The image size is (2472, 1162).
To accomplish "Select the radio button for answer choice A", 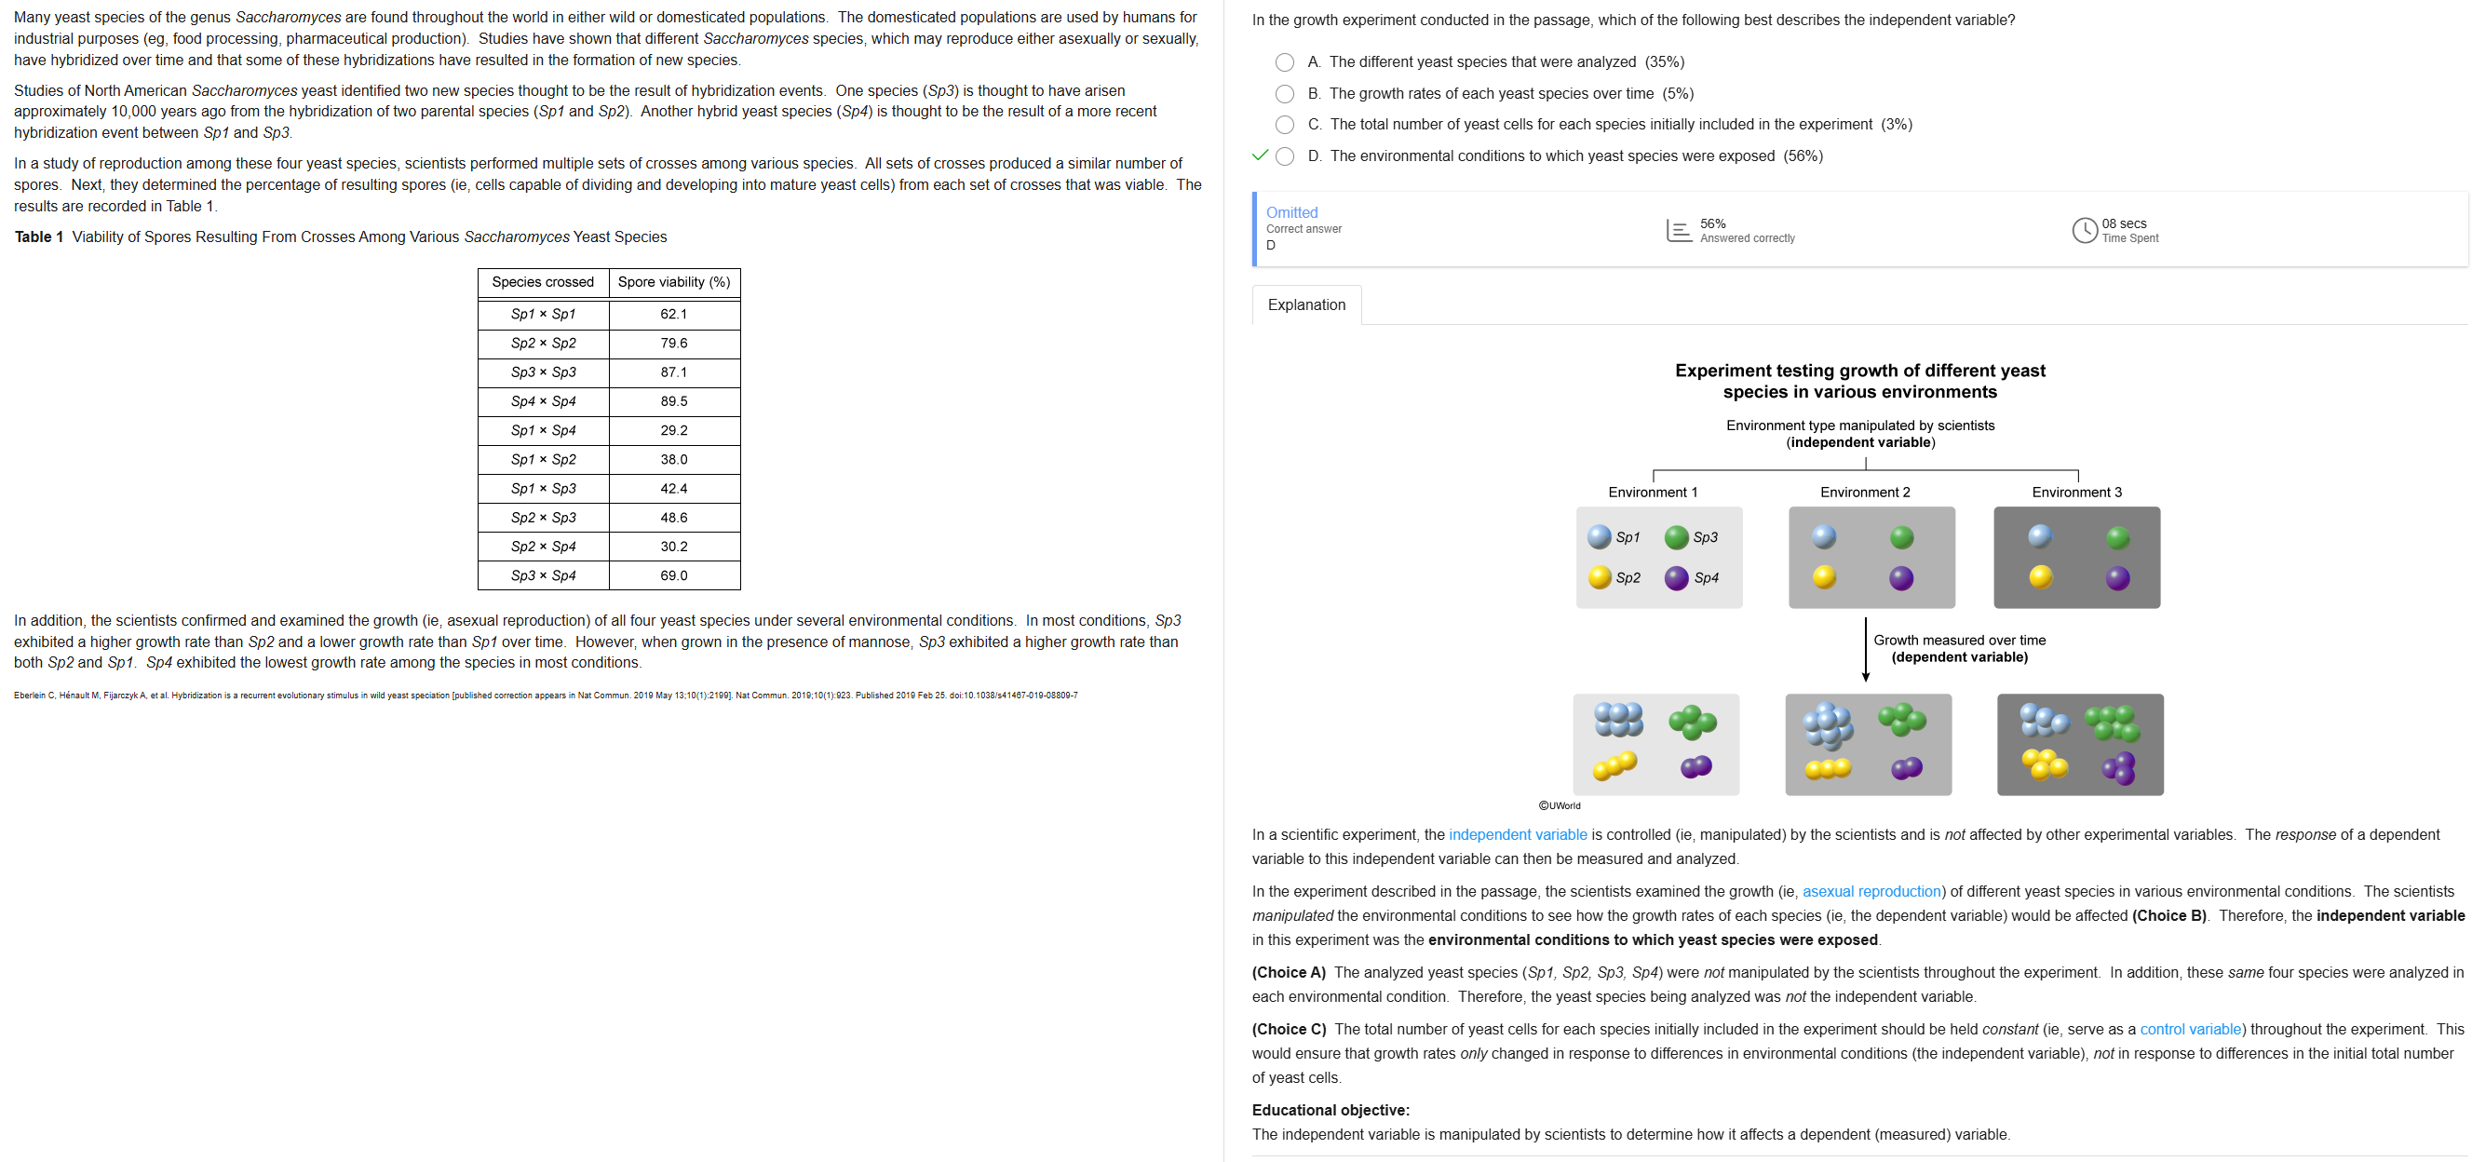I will click(1284, 62).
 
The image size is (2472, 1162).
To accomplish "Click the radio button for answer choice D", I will click(1284, 156).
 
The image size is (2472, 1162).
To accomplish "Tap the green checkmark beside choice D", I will click(1260, 155).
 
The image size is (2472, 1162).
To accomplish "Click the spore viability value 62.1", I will click(674, 314).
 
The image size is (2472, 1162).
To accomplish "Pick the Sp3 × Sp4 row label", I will click(543, 575).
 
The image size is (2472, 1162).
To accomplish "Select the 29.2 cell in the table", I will click(674, 430).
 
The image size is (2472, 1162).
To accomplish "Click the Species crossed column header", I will click(542, 282).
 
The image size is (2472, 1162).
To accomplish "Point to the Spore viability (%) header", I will click(674, 282).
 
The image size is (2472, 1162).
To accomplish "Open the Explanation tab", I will click(1306, 305).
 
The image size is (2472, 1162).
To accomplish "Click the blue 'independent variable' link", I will click(1517, 835).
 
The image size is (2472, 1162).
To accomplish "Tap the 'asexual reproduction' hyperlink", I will click(1871, 891).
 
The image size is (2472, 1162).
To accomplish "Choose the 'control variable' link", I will click(2190, 1030).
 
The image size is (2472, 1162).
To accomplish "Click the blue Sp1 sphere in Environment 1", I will click(1600, 537).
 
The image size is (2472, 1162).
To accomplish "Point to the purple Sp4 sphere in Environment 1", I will click(1677, 577).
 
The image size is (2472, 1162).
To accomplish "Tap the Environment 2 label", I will click(1865, 493).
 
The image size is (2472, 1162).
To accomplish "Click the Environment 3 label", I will click(2076, 493).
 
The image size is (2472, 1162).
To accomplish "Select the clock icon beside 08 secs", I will click(2085, 230).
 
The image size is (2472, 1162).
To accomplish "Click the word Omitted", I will click(1291, 213).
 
